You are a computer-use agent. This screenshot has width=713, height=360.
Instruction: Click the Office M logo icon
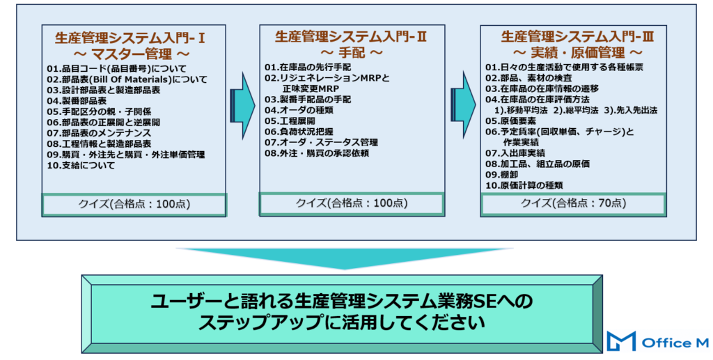click(620, 341)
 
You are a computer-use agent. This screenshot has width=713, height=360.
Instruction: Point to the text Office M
click(674, 342)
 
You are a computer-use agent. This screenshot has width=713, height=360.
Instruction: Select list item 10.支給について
click(81, 166)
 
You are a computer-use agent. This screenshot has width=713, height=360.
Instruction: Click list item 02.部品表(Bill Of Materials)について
click(127, 79)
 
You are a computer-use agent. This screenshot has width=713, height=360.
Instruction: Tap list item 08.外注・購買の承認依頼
click(317, 153)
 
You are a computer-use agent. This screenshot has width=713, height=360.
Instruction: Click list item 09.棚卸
click(503, 175)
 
